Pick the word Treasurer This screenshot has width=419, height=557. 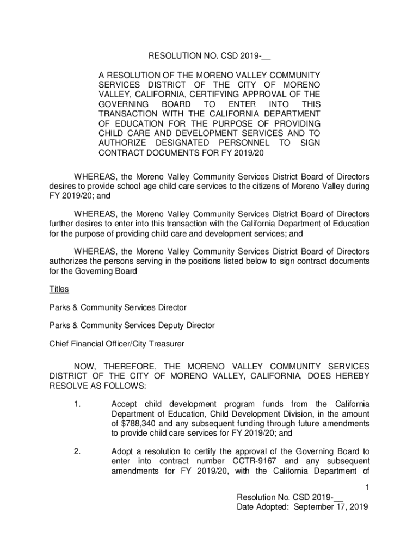pos(167,344)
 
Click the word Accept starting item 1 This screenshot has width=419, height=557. pos(125,404)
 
